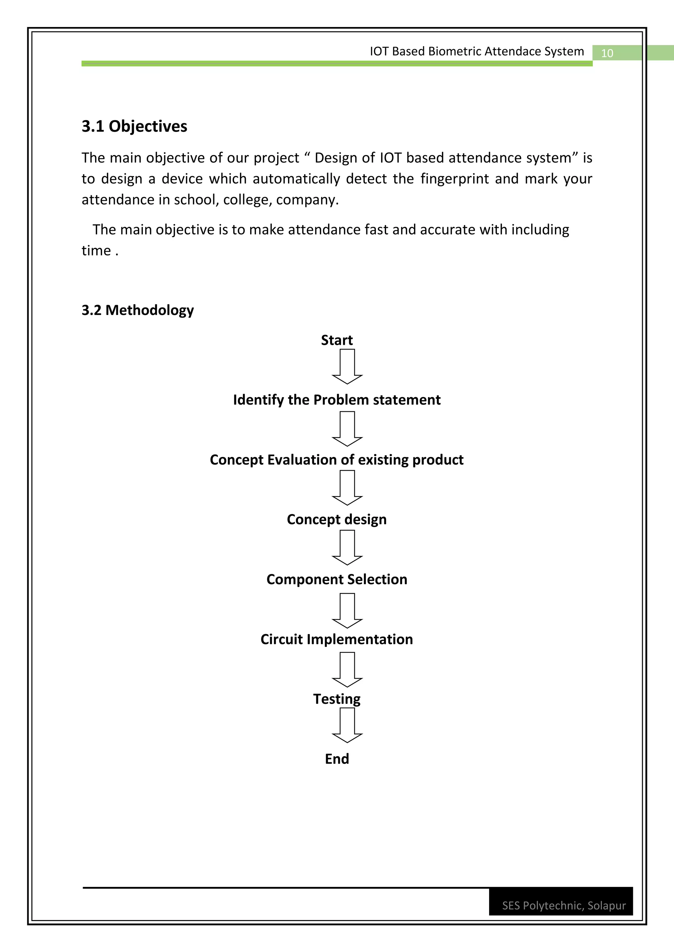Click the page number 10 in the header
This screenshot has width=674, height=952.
tap(607, 53)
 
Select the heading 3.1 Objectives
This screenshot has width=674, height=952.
tap(134, 127)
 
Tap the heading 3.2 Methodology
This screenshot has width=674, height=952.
tap(137, 310)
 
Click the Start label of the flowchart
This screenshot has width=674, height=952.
tap(337, 340)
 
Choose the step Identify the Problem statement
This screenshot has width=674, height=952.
tap(337, 400)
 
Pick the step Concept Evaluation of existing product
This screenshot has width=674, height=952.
tap(337, 460)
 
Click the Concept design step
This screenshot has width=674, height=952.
tap(337, 519)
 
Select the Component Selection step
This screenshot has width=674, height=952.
tap(337, 579)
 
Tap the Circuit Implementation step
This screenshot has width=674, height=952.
tap(337, 639)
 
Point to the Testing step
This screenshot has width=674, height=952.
tap(337, 699)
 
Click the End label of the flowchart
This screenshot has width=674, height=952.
tap(337, 759)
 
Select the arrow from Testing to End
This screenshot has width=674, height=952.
tap(347, 725)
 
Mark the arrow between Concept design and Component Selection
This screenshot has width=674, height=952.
tap(347, 547)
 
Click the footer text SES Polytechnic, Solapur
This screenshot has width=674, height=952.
tap(564, 906)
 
